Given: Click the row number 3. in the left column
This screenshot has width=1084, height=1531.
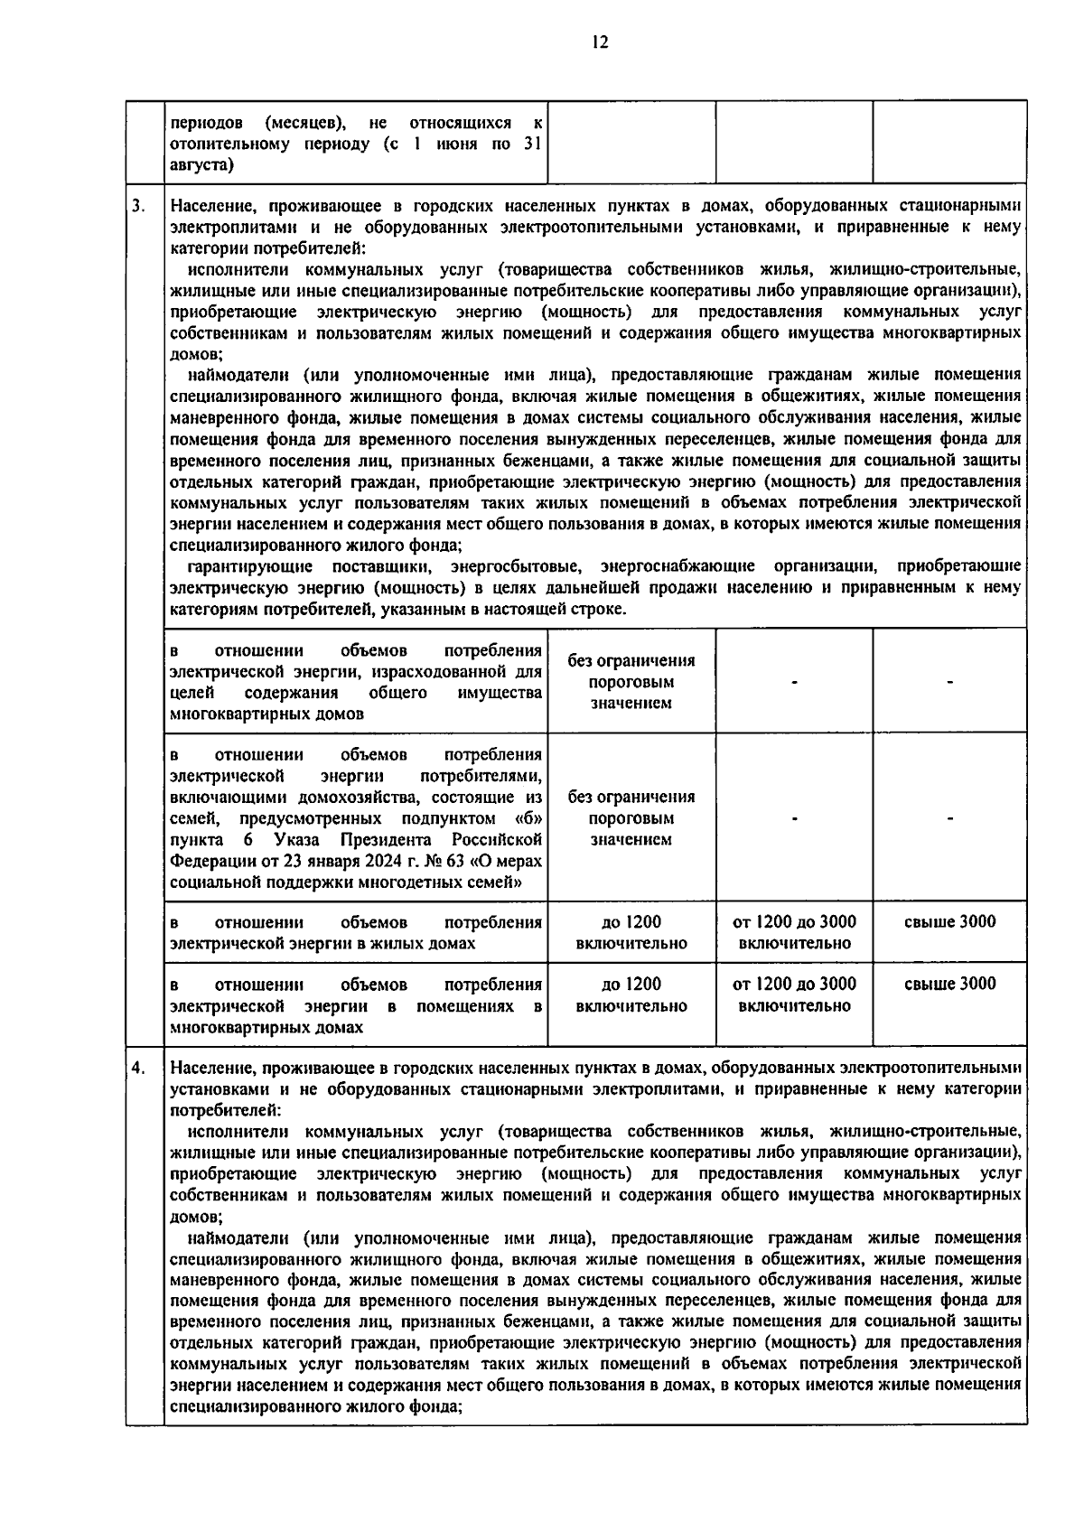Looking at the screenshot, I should click(137, 207).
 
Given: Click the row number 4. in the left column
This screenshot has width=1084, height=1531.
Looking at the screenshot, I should click(137, 1069).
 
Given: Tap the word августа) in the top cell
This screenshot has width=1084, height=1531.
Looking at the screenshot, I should click(201, 165).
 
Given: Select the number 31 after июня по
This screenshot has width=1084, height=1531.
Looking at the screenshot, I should click(532, 144).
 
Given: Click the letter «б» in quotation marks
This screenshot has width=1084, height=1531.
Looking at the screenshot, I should click(528, 818).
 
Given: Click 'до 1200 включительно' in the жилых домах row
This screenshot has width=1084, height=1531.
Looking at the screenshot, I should click(631, 932).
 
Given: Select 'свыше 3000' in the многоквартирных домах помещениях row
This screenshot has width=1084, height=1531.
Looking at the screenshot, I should click(949, 984).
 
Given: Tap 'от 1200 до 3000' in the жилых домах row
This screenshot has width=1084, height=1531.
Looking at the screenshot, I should click(794, 922).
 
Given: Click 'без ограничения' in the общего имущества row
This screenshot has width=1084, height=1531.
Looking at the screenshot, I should click(631, 660).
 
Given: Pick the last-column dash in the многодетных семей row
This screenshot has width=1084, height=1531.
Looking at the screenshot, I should click(949, 818).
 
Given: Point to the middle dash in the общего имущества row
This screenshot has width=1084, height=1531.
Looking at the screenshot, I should click(794, 682).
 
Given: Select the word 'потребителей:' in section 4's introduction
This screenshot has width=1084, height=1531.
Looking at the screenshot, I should click(226, 1110).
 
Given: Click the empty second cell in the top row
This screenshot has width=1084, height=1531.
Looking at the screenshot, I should click(631, 142).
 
